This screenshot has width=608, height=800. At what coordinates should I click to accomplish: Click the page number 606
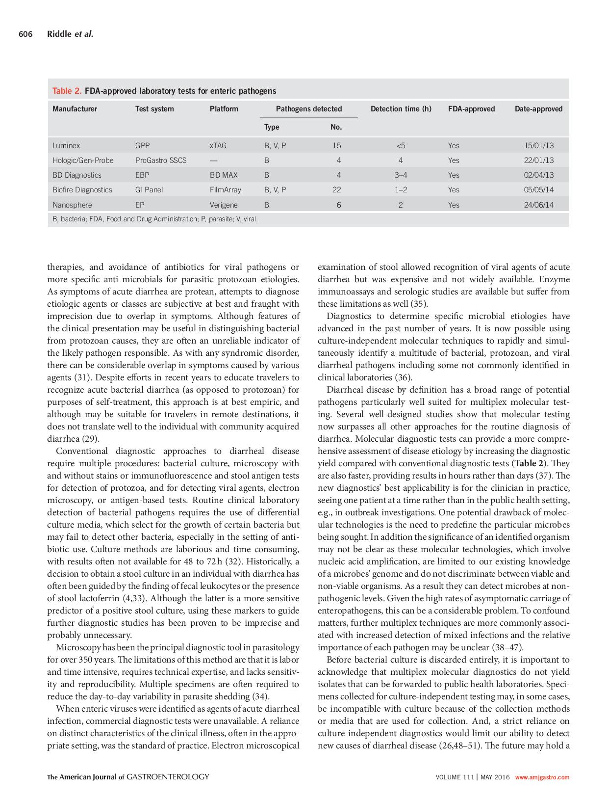25,34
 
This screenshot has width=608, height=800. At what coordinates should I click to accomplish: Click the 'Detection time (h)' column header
401,109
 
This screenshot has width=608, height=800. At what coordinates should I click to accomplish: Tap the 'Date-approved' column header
538,109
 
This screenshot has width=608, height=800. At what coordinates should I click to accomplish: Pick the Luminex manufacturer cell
66,145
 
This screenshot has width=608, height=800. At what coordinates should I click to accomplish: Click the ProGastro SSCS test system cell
160,160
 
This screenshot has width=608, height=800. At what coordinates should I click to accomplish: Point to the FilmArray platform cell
225,189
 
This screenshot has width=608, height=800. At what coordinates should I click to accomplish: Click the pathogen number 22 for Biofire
336,189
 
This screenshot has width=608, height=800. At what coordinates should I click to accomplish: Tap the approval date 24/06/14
538,205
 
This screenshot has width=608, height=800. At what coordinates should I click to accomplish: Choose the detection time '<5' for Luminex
401,145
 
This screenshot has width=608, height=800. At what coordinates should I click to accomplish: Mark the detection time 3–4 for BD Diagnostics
401,175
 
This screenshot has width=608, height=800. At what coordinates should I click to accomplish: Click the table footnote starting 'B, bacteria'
155,219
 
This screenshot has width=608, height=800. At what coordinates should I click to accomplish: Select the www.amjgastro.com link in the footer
542,777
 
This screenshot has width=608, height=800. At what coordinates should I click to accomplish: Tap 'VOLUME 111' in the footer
455,777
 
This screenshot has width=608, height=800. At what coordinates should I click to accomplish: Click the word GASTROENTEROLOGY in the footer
168,776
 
